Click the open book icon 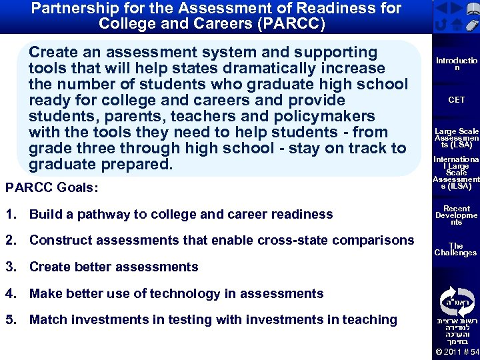pos(473,9)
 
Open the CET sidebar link pos(457,100)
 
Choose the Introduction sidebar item pos(457,64)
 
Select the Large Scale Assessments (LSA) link pos(457,138)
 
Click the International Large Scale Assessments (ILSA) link pos(457,173)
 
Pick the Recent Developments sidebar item pos(457,215)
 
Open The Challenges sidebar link pos(456,249)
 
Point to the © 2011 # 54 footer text pos(457,352)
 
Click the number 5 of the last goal pos(8,320)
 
